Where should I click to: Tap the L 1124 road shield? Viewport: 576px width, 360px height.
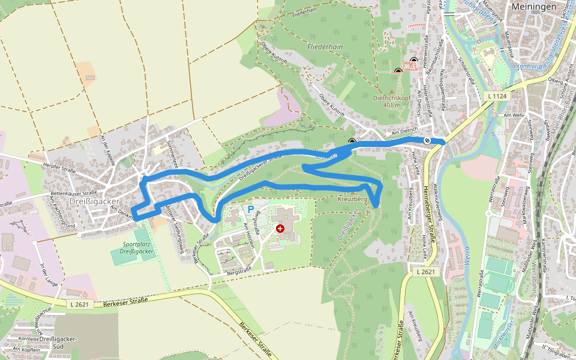pyautogui.click(x=497, y=96)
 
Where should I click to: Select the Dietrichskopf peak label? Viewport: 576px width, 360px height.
pyautogui.click(x=391, y=98)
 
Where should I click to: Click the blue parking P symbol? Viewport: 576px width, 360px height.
pyautogui.click(x=251, y=209)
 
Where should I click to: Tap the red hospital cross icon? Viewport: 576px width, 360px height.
pyautogui.click(x=280, y=229)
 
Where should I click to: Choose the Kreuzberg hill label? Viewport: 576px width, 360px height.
pyautogui.click(x=352, y=199)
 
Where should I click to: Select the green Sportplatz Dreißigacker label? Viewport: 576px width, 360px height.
pyautogui.click(x=131, y=248)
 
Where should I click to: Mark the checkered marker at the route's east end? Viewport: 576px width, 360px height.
pyautogui.click(x=427, y=140)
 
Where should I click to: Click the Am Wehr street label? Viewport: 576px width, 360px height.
pyautogui.click(x=515, y=114)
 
